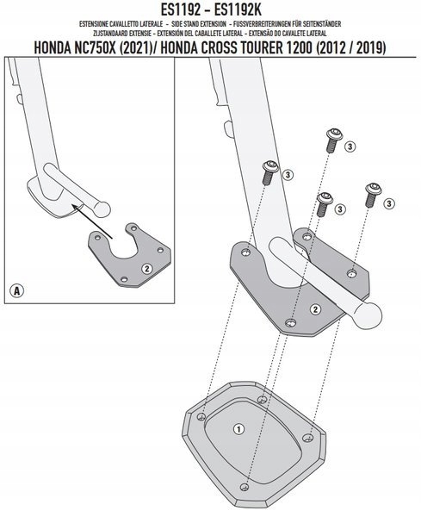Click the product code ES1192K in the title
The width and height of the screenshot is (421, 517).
click(238, 9)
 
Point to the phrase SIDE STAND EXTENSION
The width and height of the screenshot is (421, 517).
click(199, 24)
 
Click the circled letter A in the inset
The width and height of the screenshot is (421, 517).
click(17, 291)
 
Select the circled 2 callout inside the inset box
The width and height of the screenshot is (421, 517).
click(146, 269)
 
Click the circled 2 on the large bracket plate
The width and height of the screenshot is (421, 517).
click(316, 309)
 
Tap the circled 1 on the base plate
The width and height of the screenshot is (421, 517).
click(238, 429)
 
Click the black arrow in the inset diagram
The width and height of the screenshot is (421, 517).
click(93, 221)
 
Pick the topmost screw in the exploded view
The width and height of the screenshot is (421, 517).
click(334, 140)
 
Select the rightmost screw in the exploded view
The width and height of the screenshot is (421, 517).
click(373, 195)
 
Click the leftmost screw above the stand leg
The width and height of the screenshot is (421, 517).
click(269, 172)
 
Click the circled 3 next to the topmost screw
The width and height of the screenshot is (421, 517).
click(350, 146)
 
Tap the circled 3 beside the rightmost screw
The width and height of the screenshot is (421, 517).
click(389, 203)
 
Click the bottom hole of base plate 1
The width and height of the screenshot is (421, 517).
click(245, 487)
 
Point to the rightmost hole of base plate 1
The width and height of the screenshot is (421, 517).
click(307, 438)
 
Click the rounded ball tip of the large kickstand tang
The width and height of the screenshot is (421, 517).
click(368, 316)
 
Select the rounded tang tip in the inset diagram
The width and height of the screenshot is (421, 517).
click(101, 209)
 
